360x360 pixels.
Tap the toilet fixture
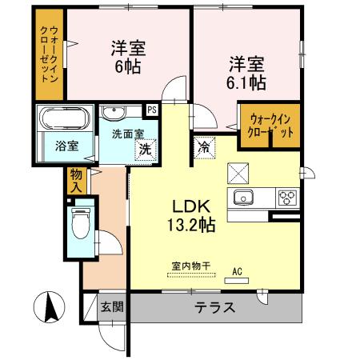point(81,224)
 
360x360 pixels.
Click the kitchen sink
point(243,198)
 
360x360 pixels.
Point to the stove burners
point(287,198)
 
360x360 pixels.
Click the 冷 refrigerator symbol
point(204,148)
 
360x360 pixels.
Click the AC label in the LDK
point(236,270)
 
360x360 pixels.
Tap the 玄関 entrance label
point(112,306)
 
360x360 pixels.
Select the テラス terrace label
point(214,307)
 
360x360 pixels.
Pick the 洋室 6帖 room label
point(126,56)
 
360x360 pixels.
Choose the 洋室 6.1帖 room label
point(249,72)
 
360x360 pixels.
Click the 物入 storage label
point(76,179)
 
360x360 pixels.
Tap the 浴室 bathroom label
point(66,146)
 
